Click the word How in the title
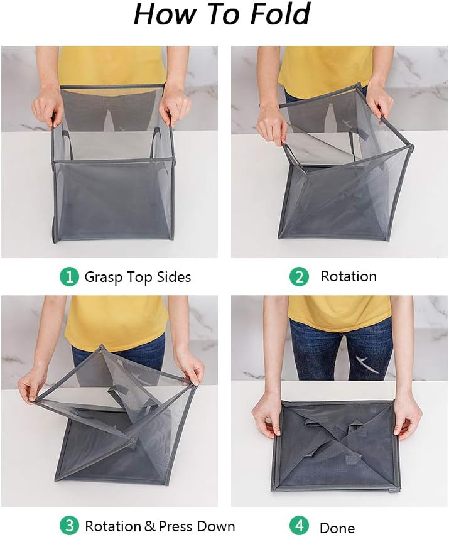point(166,14)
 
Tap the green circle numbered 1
point(69,276)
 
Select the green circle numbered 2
point(300,276)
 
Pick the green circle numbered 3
point(69,526)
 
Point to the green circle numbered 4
point(300,526)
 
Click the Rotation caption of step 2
point(349,276)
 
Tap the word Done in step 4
point(337,528)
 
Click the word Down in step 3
point(217,526)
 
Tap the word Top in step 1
point(140,277)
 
